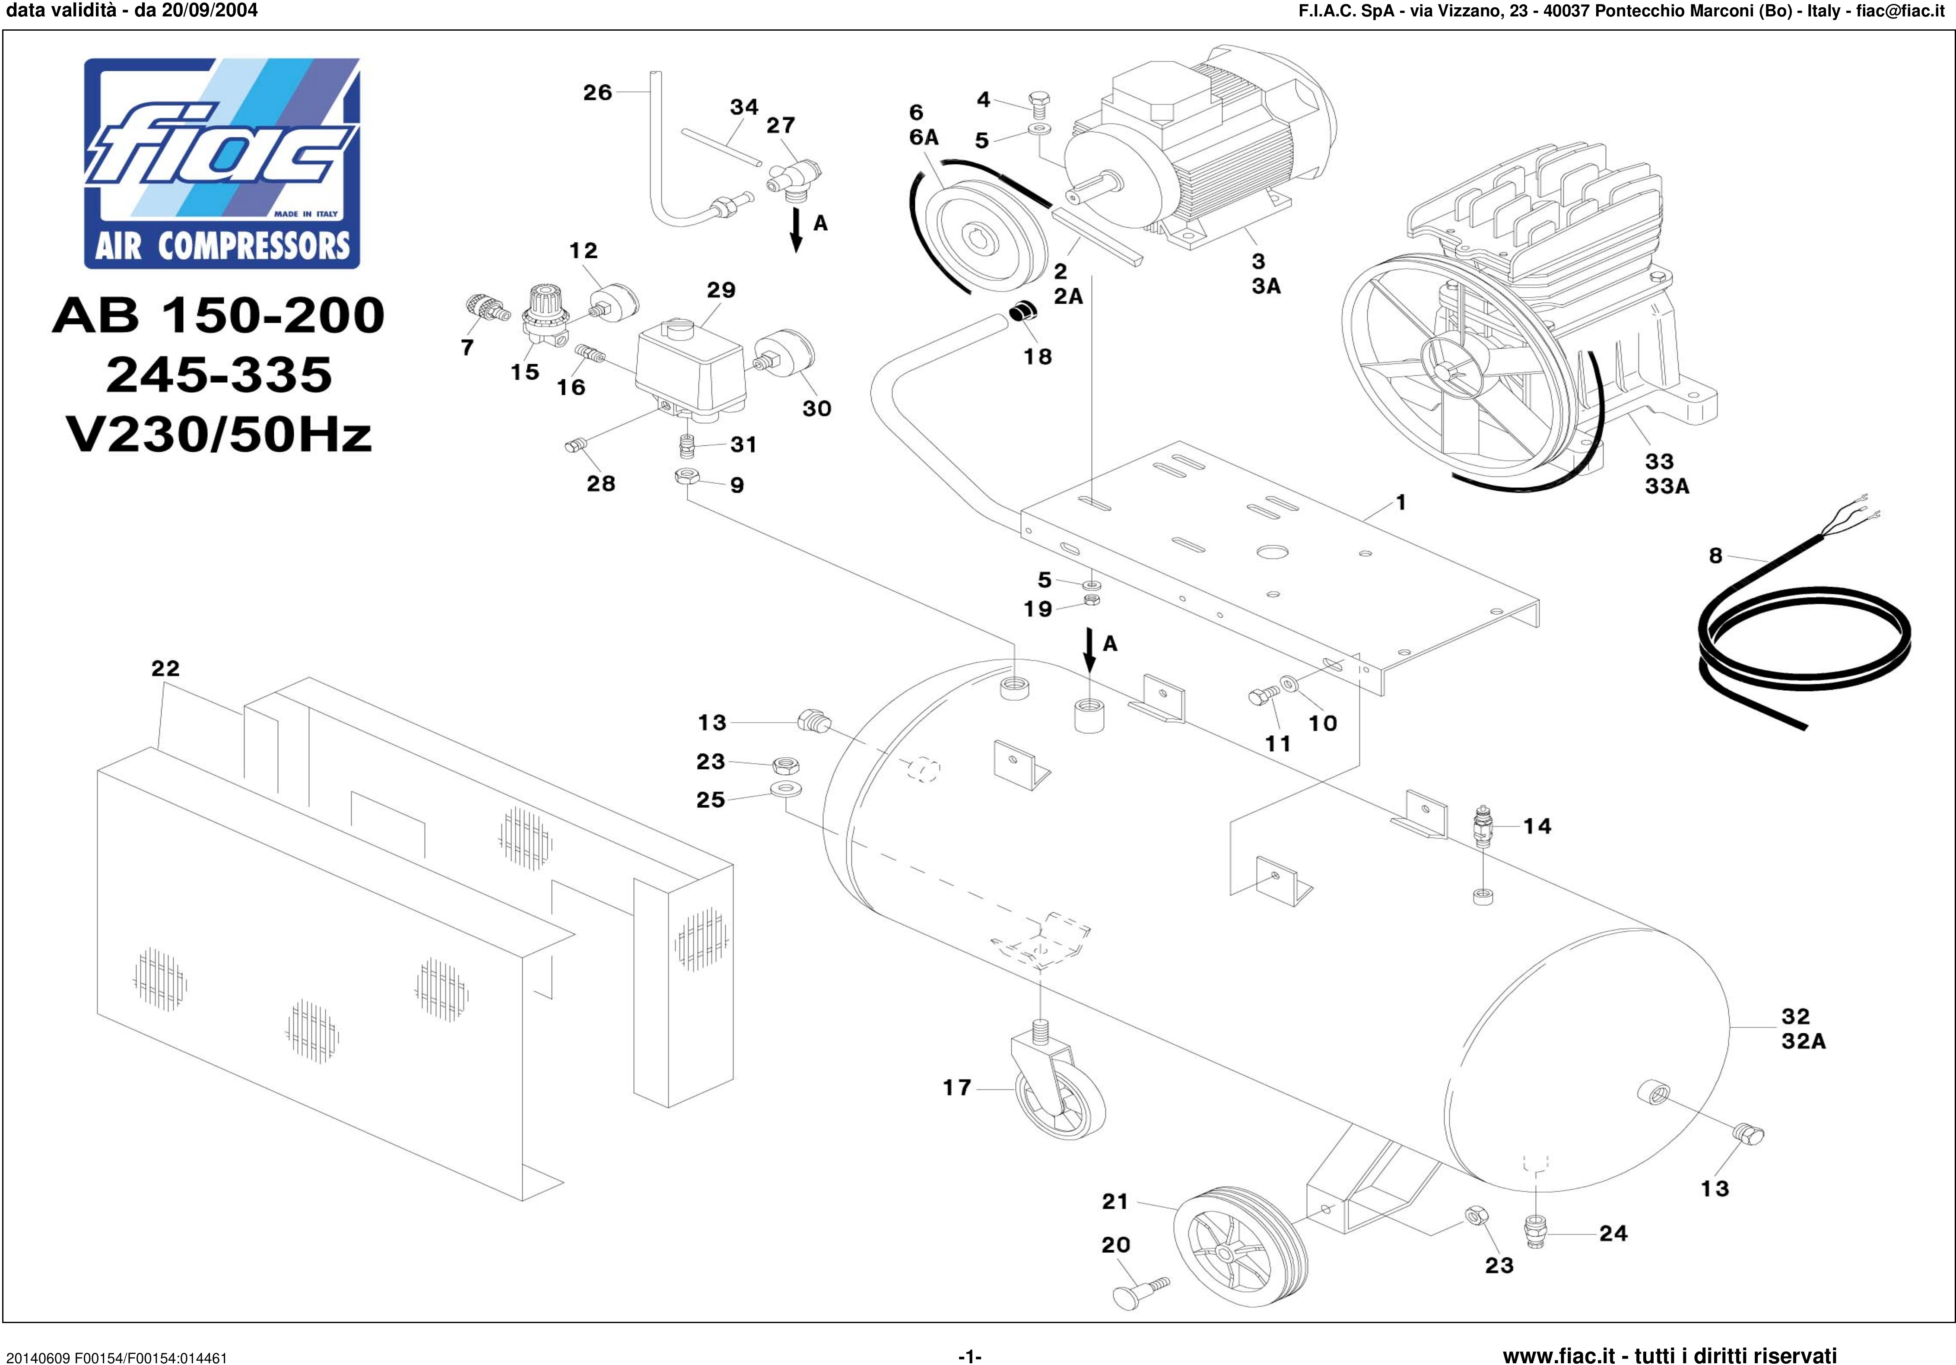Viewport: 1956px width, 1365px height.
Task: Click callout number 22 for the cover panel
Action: click(165, 669)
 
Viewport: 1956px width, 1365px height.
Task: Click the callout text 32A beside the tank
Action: click(1804, 1041)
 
